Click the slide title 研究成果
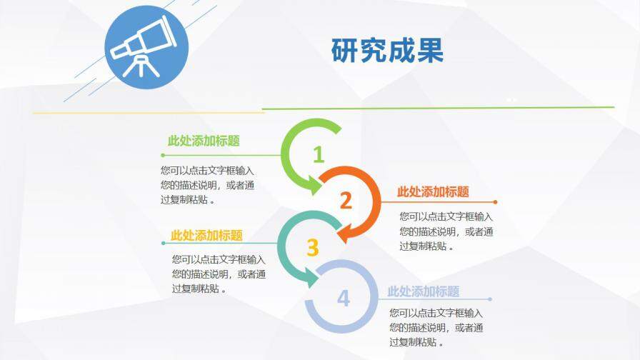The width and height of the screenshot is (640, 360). pyautogui.click(x=387, y=51)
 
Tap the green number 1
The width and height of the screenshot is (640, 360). pyautogui.click(x=319, y=154)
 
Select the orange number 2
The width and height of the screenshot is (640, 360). pyautogui.click(x=346, y=201)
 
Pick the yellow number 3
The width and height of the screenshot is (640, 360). pyautogui.click(x=312, y=247)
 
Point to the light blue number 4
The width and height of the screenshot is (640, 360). pyautogui.click(x=344, y=298)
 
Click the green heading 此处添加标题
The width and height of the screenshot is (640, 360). pyautogui.click(x=204, y=141)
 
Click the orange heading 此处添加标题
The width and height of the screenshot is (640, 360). pyautogui.click(x=433, y=191)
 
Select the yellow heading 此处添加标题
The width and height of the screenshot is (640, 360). pyautogui.click(x=206, y=235)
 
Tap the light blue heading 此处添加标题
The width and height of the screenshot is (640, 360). pyautogui.click(x=423, y=291)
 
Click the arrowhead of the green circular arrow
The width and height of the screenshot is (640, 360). pyautogui.click(x=315, y=184)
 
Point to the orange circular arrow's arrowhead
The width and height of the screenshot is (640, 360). pyautogui.click(x=344, y=231)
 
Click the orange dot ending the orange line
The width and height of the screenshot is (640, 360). pyautogui.click(x=495, y=202)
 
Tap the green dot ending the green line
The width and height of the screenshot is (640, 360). pyautogui.click(x=163, y=154)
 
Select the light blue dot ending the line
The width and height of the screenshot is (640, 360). pyautogui.click(x=490, y=299)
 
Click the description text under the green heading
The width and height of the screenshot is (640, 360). pyautogui.click(x=207, y=186)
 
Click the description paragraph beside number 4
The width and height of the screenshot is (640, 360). pyautogui.click(x=436, y=328)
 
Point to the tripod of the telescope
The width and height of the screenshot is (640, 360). pyautogui.click(x=141, y=64)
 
